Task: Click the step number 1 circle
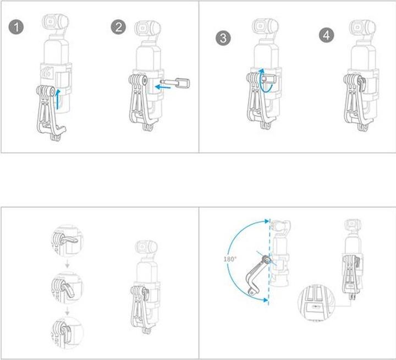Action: (16, 27)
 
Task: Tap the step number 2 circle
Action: (118, 27)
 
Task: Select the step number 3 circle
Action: (223, 38)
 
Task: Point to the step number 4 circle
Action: (327, 35)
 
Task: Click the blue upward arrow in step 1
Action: (58, 99)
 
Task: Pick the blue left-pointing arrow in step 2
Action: (163, 87)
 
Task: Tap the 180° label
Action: (230, 259)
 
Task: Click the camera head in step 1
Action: (55, 22)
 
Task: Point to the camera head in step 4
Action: (362, 28)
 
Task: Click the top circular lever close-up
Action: (68, 241)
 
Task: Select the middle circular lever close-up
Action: (68, 287)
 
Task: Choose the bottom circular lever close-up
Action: (68, 332)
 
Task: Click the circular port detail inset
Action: (316, 303)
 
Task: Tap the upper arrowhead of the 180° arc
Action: (266, 221)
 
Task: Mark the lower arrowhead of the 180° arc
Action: (266, 300)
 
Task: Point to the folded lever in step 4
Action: (362, 85)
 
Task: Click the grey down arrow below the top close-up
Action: (67, 265)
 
